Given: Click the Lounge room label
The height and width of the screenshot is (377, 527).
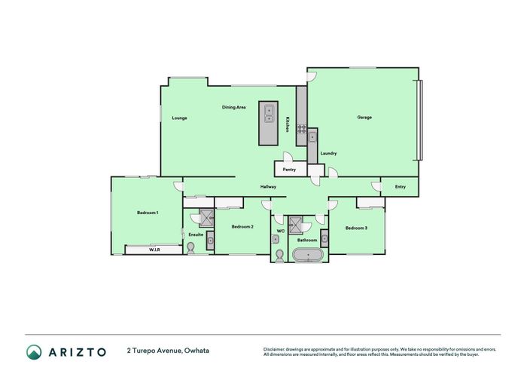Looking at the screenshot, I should [x=179, y=118].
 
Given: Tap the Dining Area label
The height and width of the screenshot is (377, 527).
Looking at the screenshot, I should [x=233, y=107].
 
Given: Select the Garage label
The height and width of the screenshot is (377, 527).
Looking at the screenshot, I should [x=364, y=117].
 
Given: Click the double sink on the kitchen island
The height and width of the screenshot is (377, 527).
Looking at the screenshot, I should [x=268, y=115].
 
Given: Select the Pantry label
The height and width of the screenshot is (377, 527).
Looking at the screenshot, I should [x=289, y=170].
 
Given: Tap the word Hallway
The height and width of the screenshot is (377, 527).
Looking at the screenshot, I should [x=269, y=186].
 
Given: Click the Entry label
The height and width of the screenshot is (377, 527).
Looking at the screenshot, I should [x=400, y=186].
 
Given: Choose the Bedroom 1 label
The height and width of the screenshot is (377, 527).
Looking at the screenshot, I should [x=148, y=213].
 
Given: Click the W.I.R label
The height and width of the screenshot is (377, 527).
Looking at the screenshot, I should [x=154, y=249].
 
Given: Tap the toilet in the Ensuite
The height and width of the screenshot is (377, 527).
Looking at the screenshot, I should [x=189, y=248].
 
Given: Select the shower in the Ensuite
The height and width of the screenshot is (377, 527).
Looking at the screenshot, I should [x=201, y=218].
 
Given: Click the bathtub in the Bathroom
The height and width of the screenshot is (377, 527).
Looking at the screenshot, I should [x=308, y=256].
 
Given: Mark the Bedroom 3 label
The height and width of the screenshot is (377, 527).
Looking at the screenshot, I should [x=356, y=228].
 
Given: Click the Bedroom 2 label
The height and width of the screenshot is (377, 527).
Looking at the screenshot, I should [x=242, y=227].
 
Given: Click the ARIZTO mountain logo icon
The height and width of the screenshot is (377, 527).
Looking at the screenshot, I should [x=34, y=351].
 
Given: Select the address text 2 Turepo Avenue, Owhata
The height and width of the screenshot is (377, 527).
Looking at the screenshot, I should [x=169, y=351].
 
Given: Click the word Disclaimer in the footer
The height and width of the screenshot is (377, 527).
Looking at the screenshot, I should [x=276, y=349].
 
